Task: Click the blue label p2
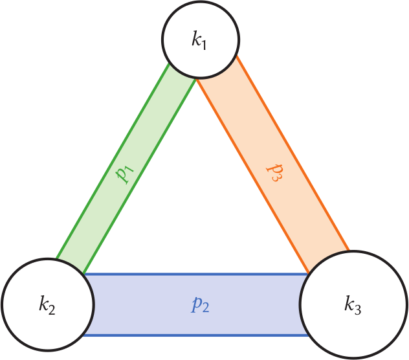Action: click(x=200, y=304)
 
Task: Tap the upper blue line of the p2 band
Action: click(x=194, y=275)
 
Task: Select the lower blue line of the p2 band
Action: click(x=194, y=335)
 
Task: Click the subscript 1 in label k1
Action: click(x=206, y=43)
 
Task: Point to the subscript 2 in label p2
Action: click(x=206, y=308)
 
